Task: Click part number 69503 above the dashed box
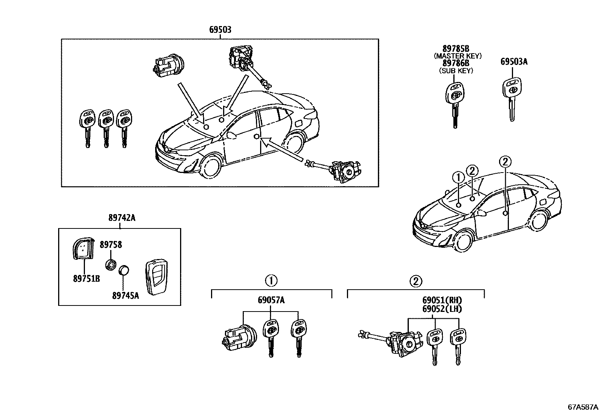click(220, 29)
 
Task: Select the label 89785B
click(456, 49)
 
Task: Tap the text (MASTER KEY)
click(457, 56)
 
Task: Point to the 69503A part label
click(514, 61)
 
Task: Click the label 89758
click(111, 245)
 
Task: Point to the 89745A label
click(125, 295)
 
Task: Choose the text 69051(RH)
click(442, 301)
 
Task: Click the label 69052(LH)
click(442, 309)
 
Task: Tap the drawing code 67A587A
click(583, 407)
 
